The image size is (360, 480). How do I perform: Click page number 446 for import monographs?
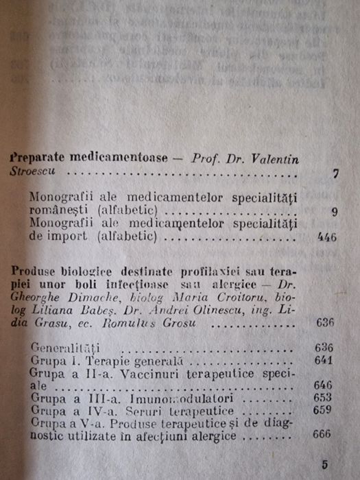[326, 238]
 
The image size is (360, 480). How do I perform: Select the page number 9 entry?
[333, 212]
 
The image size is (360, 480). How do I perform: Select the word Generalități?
[66, 347]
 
